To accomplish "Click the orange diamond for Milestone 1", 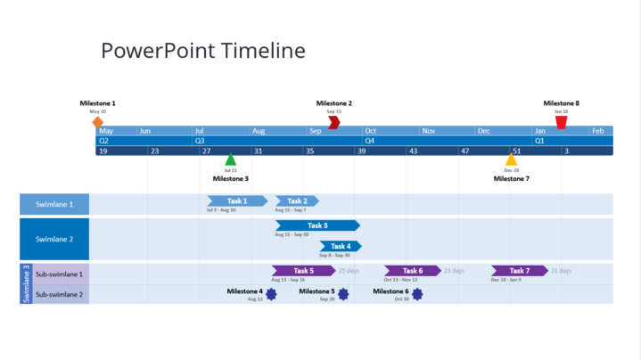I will coord(98,122).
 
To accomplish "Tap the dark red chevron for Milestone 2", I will coord(333,122).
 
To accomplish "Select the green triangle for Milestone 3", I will coord(231,160).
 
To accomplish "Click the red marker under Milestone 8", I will coord(561,122).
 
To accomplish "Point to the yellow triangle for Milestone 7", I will coord(511,160).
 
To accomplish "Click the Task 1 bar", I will coord(237,201).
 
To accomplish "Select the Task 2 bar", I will coord(297,201).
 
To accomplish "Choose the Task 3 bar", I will coord(317,225).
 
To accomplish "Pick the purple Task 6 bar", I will coord(412,271).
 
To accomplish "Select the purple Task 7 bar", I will coord(519,271).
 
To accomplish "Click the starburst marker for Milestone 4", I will coord(271,293).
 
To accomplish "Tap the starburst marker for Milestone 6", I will coord(416,293).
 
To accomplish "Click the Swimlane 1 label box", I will coord(54,204).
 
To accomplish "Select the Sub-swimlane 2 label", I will coord(59,294).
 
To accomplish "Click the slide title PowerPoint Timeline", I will coord(203,51).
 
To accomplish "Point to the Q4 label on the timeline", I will coord(370,141).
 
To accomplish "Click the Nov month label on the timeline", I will coord(429,131).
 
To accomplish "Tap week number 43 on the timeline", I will coord(414,151).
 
